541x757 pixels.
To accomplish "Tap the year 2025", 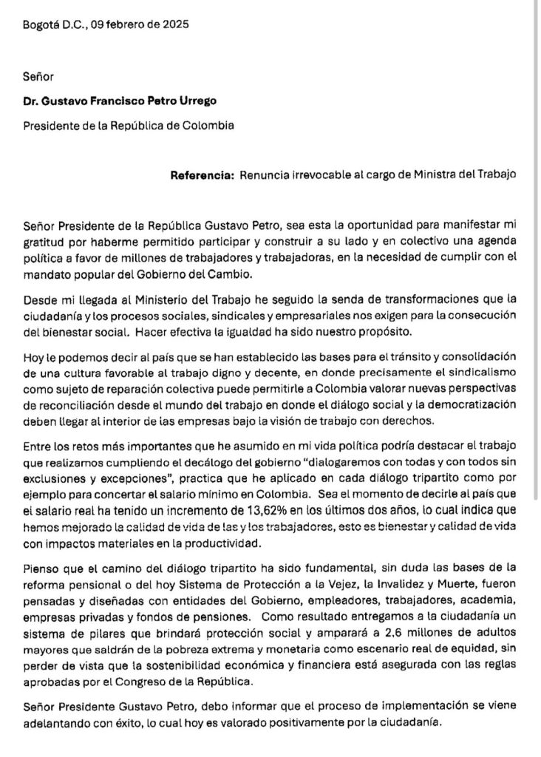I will pyautogui.click(x=174, y=24).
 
